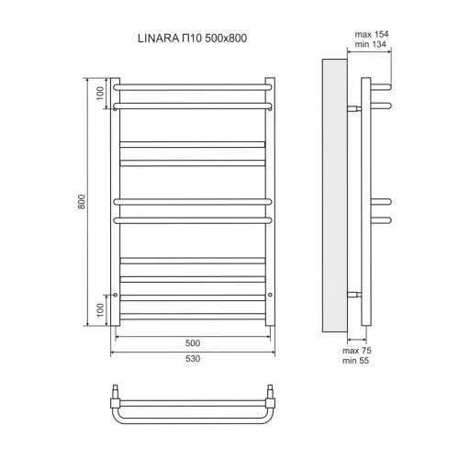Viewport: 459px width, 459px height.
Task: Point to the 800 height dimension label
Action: point(82,201)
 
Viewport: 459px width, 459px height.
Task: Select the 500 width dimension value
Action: point(192,341)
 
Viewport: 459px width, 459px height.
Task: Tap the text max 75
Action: point(355,350)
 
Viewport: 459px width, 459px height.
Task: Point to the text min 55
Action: point(355,361)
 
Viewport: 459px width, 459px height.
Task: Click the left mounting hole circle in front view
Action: point(115,295)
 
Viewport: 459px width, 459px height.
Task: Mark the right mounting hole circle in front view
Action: point(270,295)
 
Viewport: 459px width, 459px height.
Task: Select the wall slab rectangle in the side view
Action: point(334,194)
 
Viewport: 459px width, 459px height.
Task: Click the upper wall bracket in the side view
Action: point(354,106)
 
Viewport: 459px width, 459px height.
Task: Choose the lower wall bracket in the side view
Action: point(354,294)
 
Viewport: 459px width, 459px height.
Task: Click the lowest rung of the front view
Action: point(192,316)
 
